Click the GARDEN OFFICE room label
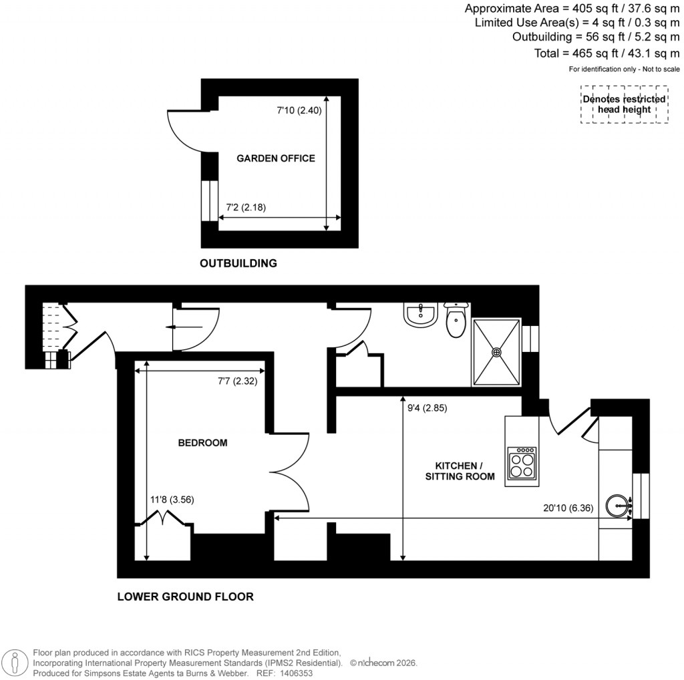pyautogui.click(x=275, y=158)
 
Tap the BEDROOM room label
pyautogui.click(x=202, y=443)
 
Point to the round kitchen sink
pyautogui.click(x=619, y=505)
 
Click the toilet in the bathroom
pyautogui.click(x=456, y=321)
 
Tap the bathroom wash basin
pyautogui.click(x=421, y=315)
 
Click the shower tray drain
pyautogui.click(x=496, y=351)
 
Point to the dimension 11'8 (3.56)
pyautogui.click(x=172, y=499)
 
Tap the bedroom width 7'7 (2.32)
pyautogui.click(x=237, y=381)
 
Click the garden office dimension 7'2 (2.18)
pyautogui.click(x=246, y=207)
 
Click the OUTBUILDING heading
pyautogui.click(x=238, y=263)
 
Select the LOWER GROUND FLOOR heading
pyautogui.click(x=185, y=597)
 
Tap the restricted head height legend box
pyautogui.click(x=624, y=104)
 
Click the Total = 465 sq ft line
pyautogui.click(x=607, y=53)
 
